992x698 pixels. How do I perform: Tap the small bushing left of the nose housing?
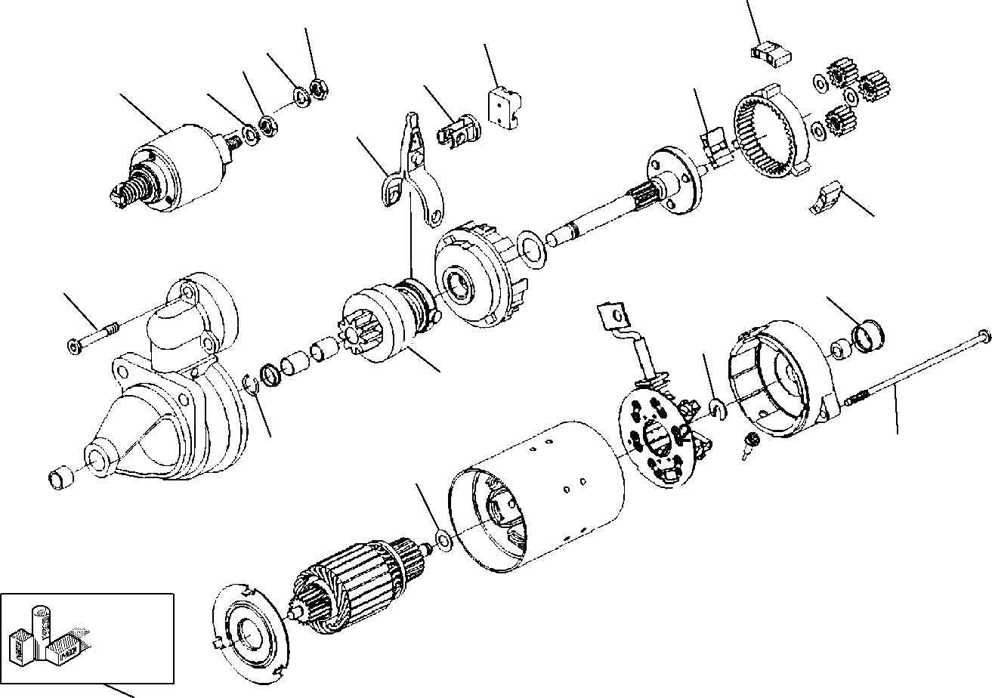click(60, 478)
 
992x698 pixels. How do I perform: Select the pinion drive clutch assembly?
click(385, 317)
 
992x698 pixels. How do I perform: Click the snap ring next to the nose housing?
click(253, 385)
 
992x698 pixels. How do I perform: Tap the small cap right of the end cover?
click(867, 335)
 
